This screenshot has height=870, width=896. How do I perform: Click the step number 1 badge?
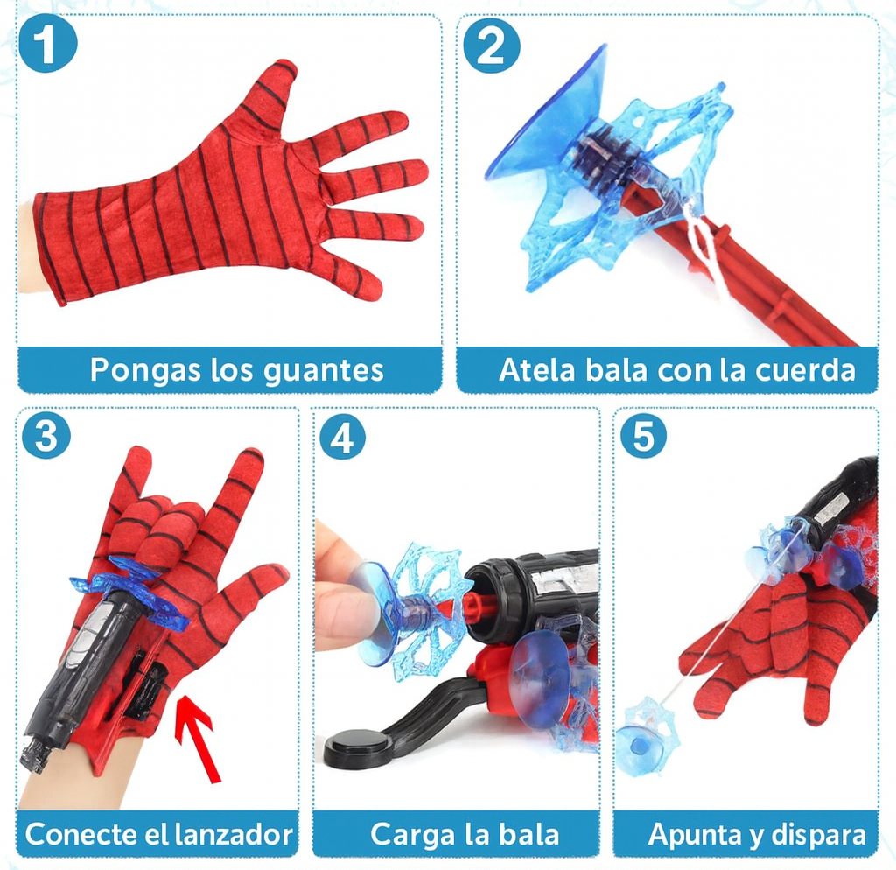(x=47, y=46)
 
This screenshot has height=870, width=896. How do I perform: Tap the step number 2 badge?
(x=492, y=46)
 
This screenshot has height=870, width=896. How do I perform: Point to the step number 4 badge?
(x=341, y=436)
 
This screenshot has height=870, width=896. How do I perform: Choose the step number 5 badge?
(x=643, y=436)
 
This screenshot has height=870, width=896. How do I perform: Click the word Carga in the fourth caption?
(x=407, y=834)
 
